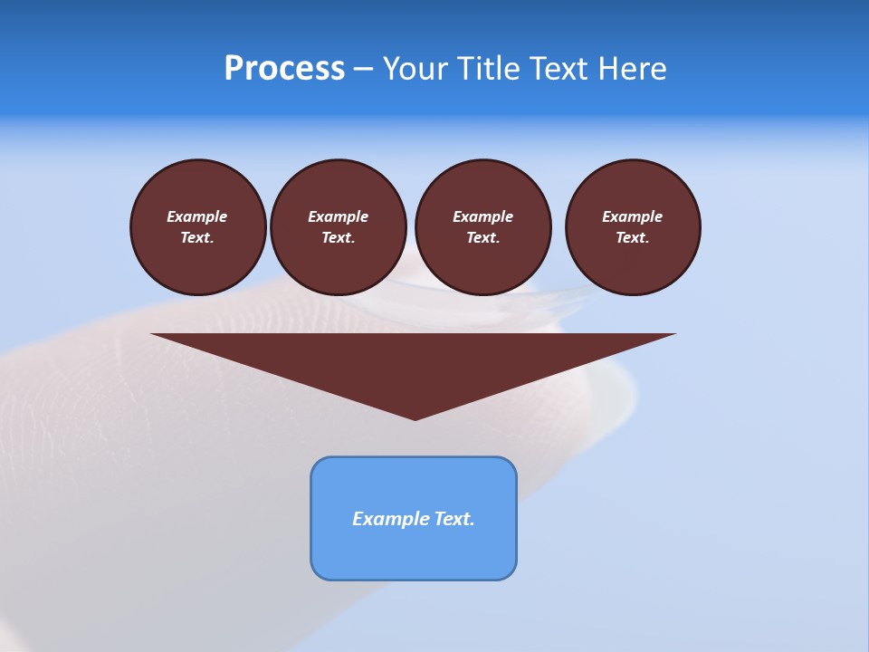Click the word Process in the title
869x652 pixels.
pyautogui.click(x=284, y=69)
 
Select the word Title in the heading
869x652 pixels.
pyautogui.click(x=487, y=69)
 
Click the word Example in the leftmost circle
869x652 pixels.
pyautogui.click(x=197, y=216)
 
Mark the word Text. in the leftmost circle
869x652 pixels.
pyautogui.click(x=197, y=237)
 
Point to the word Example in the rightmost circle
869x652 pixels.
pyautogui.click(x=633, y=216)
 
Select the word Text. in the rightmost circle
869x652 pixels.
pyautogui.click(x=633, y=237)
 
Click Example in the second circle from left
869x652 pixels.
pyautogui.click(x=339, y=216)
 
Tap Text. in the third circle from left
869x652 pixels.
pyautogui.click(x=482, y=237)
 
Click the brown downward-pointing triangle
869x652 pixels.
pyautogui.click(x=414, y=362)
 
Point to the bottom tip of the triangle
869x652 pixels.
pyautogui.click(x=415, y=417)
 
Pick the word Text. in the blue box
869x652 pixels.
pyautogui.click(x=453, y=519)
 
